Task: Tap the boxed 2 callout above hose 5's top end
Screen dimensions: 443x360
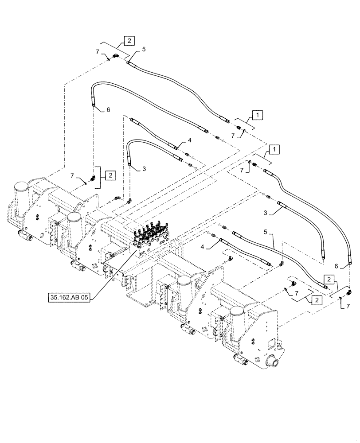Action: (128, 41)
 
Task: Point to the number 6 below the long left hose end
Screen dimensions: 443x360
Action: (108, 110)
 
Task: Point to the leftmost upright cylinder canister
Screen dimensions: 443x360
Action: (20, 195)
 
